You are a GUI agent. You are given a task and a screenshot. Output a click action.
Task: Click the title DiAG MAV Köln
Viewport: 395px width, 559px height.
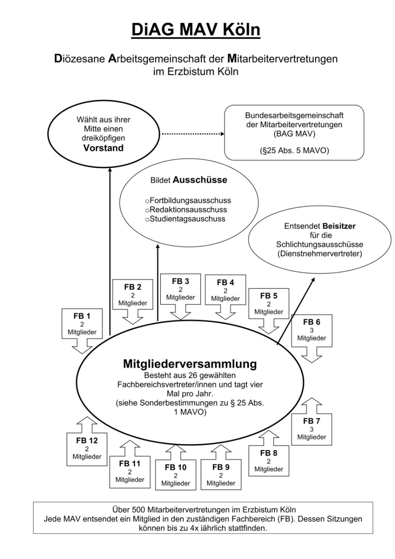pos(196,30)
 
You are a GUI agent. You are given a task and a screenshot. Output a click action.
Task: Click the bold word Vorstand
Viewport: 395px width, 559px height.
pos(103,148)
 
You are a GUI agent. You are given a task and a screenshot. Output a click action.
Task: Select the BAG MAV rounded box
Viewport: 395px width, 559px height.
pos(294,132)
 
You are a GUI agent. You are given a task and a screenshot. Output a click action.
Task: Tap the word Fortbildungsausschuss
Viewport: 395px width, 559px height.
pos(190,201)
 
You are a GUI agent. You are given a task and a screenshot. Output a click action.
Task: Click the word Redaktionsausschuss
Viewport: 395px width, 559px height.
pos(188,210)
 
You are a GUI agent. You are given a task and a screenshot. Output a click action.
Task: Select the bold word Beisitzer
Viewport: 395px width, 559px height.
pos(339,226)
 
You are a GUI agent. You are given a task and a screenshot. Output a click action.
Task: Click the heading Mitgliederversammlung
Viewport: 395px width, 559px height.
pos(190,364)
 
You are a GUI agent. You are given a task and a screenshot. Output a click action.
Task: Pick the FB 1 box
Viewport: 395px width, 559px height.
pos(82,323)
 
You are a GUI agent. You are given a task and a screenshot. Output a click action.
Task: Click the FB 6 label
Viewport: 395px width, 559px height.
pos(311,322)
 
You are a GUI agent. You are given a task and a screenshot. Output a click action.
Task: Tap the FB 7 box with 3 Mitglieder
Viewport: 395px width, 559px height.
pos(311,429)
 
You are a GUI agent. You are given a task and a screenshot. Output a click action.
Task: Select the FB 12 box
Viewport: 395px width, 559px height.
pos(87,448)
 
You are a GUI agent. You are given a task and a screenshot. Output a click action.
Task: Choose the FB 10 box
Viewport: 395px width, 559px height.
pos(175,475)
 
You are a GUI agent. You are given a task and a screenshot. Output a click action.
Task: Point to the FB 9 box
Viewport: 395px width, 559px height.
pos(221,475)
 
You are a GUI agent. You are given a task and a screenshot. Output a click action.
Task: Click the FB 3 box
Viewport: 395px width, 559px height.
pos(180,289)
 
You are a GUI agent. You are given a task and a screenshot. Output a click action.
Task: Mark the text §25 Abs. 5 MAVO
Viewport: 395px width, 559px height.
pos(294,151)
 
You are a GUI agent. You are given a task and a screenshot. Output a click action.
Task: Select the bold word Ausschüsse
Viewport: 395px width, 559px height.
pos(200,180)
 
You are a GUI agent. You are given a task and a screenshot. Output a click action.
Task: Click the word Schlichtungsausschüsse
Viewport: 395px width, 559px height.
pos(320,244)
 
